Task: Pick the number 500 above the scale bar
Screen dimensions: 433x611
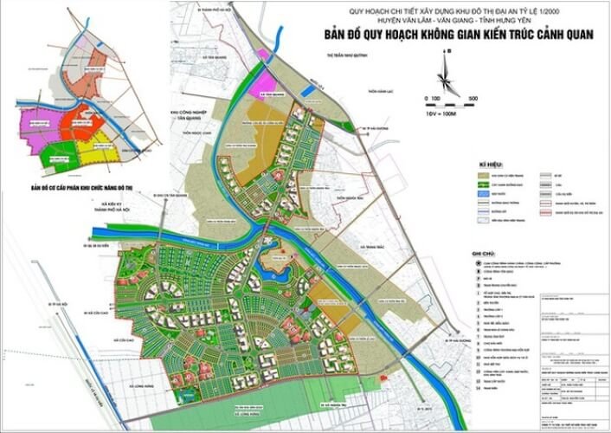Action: coord(473,98)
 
